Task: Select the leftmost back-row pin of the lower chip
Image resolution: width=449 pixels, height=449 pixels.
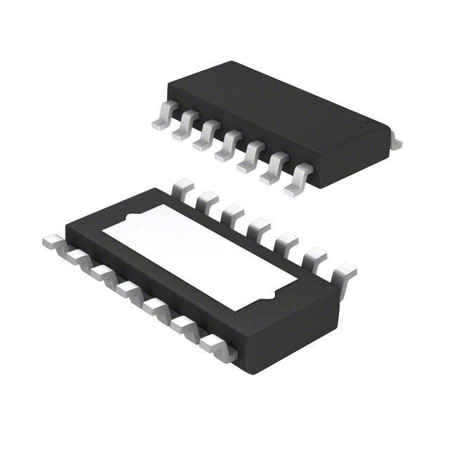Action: coord(182,187)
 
